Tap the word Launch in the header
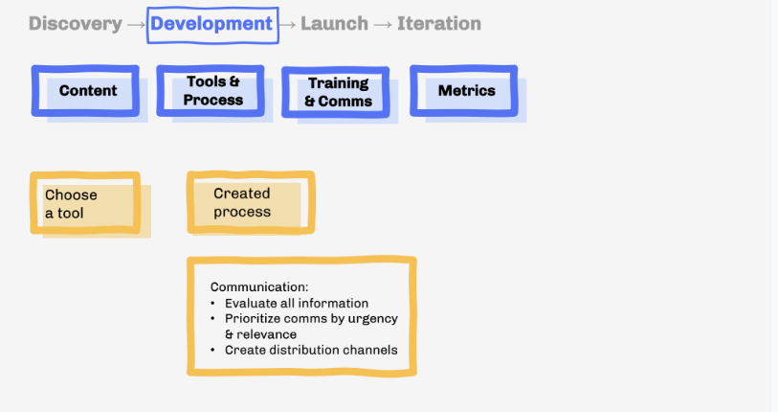334,24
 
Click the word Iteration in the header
439,24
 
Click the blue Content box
86,90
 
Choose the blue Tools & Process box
212,91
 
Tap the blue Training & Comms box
337,92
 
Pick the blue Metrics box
465,90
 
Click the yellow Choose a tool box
84,203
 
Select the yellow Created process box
250,202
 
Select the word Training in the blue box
339,83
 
